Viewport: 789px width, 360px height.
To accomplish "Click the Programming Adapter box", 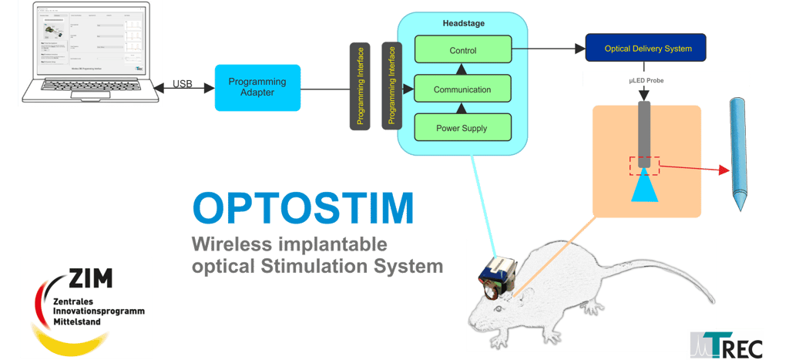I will [x=257, y=87].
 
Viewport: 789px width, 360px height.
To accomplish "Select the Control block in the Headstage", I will [x=462, y=51].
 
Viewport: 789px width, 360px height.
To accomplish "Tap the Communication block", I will [x=462, y=89].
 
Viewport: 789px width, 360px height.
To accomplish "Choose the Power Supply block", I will [x=462, y=128].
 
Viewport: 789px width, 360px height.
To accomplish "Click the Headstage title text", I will [x=462, y=24].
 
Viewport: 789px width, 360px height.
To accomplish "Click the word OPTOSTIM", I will [x=303, y=208].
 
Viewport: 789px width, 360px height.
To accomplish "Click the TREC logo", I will [x=726, y=344].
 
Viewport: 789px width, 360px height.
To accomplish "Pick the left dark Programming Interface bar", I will [x=360, y=86].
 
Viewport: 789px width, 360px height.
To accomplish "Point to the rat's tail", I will [x=697, y=297].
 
